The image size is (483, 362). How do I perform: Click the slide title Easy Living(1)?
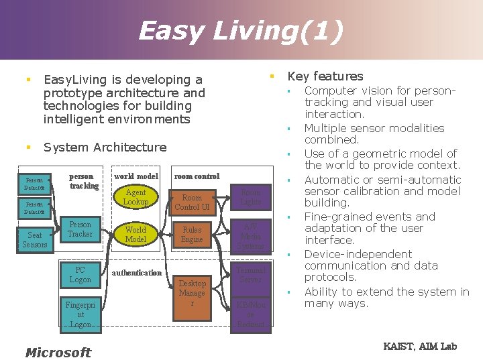click(x=241, y=31)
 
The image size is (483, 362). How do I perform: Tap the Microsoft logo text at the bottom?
click(x=58, y=353)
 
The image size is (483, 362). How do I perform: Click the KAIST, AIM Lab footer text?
click(x=420, y=346)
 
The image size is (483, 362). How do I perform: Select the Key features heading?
click(x=325, y=76)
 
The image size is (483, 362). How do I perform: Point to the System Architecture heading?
click(x=105, y=147)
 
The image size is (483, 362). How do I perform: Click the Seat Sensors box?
click(x=35, y=240)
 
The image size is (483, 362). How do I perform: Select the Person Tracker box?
click(x=80, y=229)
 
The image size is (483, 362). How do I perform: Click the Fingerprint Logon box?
click(x=80, y=314)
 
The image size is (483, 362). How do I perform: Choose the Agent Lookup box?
click(x=136, y=197)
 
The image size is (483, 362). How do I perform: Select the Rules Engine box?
click(x=192, y=235)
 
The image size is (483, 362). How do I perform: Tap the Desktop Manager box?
click(x=192, y=293)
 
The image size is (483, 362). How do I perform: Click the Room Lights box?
click(x=251, y=196)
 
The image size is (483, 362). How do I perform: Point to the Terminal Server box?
click(x=251, y=274)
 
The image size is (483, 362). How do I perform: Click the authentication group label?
click(x=137, y=273)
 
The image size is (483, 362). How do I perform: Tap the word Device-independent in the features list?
click(x=358, y=254)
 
